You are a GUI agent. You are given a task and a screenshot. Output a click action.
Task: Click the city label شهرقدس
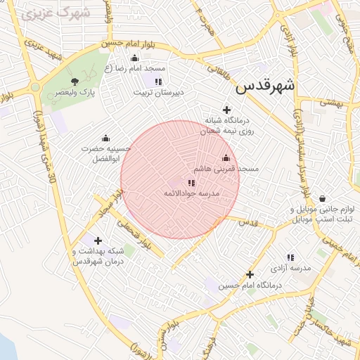click(x=265, y=86)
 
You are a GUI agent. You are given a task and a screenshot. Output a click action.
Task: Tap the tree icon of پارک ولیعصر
click(x=75, y=82)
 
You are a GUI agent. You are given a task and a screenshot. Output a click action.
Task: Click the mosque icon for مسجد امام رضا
click(x=135, y=58)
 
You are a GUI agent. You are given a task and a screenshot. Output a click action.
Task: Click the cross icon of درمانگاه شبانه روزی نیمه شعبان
click(x=226, y=110)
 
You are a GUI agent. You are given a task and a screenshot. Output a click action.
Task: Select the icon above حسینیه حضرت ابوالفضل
click(x=105, y=138)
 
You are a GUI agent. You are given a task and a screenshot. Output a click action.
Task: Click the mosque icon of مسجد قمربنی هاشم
click(x=226, y=158)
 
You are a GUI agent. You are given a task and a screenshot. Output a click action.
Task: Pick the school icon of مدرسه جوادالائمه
click(x=192, y=183)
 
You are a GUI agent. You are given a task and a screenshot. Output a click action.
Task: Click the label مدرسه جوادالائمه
click(x=192, y=193)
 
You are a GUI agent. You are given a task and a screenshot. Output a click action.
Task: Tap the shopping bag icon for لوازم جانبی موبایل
click(x=322, y=199)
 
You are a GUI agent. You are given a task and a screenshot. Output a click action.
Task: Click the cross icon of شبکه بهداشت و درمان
click(x=98, y=240)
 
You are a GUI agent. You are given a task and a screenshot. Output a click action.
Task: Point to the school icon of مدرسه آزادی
click(x=290, y=258)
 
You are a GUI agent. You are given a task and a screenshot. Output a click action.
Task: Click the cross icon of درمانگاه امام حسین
click(x=249, y=274)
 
